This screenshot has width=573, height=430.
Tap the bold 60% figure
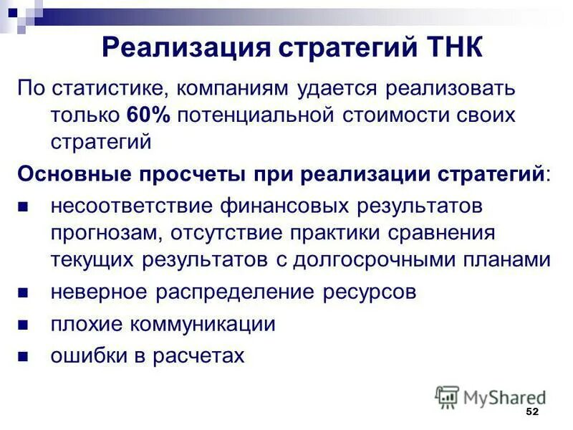(148, 115)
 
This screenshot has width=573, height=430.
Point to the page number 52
(531, 411)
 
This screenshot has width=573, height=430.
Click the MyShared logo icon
(447, 396)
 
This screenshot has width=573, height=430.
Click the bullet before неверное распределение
(22, 293)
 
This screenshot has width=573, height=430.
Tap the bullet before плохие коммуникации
(22, 325)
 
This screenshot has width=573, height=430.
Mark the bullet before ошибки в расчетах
(22, 356)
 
